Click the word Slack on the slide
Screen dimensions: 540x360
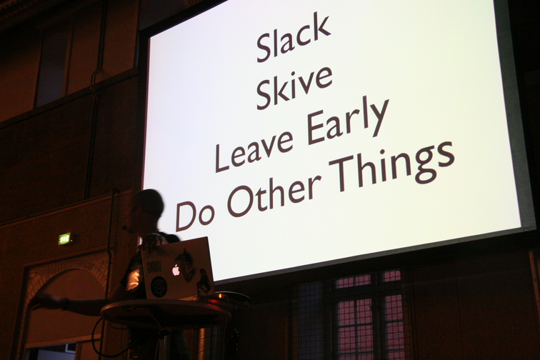(x=294, y=37)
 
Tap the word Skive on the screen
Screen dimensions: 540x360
(x=294, y=88)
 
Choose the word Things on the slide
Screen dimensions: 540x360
(x=392, y=165)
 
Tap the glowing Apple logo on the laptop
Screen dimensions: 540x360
(x=176, y=270)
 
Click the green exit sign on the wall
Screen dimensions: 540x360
(x=64, y=239)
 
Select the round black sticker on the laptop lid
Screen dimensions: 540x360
(x=159, y=286)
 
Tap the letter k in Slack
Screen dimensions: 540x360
(x=321, y=29)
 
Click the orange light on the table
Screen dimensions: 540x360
(x=220, y=296)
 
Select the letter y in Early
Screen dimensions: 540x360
(x=379, y=116)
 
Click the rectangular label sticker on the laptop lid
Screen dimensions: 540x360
(x=154, y=266)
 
